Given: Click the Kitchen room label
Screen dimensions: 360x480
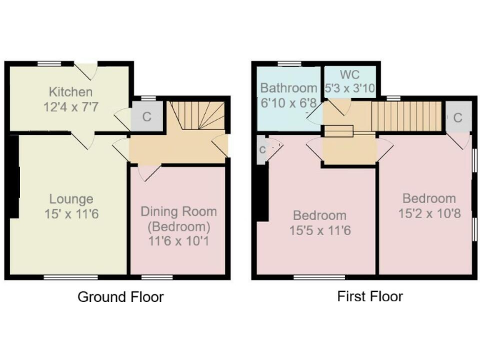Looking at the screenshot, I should (x=68, y=92).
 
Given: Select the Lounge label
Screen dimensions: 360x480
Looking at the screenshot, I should (x=71, y=199).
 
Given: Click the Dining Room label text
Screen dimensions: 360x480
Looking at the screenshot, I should (x=178, y=211).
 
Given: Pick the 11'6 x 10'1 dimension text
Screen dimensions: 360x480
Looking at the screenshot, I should (x=178, y=239).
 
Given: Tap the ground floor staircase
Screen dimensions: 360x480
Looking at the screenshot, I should (x=198, y=116).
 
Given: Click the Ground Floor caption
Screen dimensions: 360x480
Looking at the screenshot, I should (x=120, y=296).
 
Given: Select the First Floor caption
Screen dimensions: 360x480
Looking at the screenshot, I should (x=370, y=296).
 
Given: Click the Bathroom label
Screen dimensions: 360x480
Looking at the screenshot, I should (x=288, y=87).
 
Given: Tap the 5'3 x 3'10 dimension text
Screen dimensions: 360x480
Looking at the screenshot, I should (x=350, y=89).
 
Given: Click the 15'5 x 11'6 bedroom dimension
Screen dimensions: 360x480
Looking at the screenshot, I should (x=319, y=231).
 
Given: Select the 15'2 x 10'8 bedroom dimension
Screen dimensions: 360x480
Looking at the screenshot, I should (x=429, y=213).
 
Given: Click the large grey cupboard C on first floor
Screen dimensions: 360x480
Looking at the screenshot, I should (x=457, y=117).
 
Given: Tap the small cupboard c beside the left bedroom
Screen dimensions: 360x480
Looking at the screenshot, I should (x=262, y=150).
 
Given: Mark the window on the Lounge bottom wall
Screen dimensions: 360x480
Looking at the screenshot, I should (x=70, y=277).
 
